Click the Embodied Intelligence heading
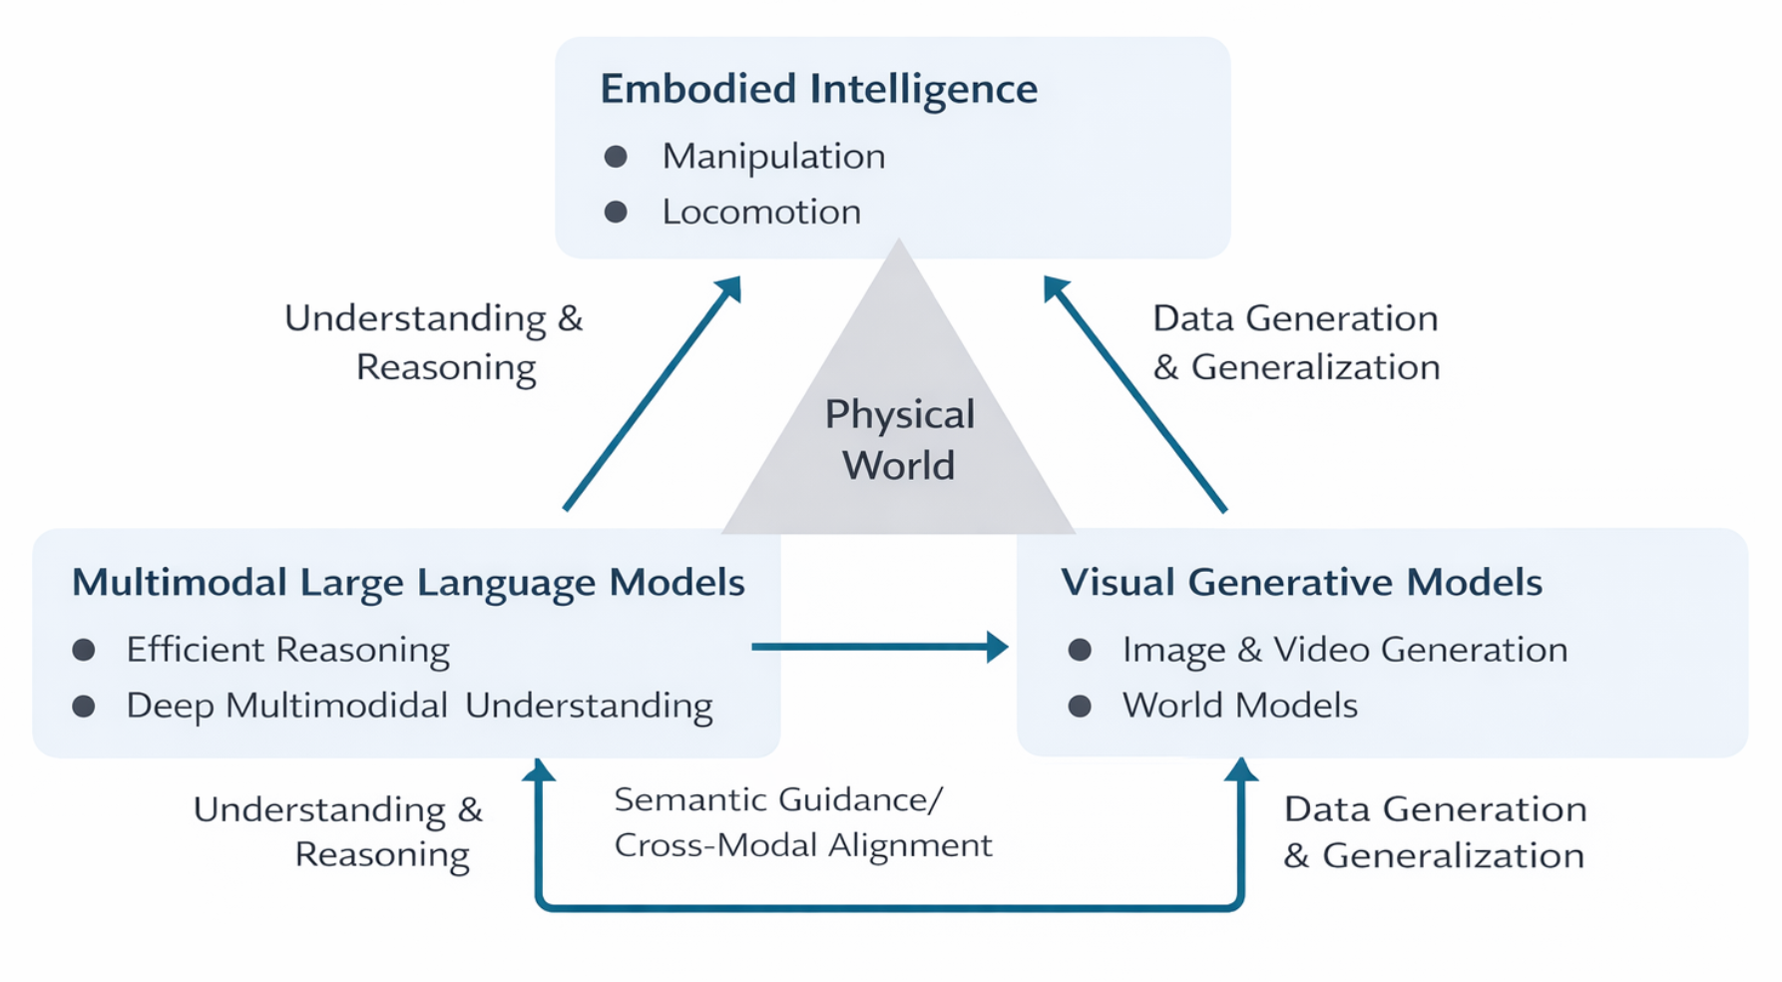(x=818, y=89)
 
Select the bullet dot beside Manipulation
(x=616, y=157)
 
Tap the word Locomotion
(x=761, y=213)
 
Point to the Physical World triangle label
(x=899, y=440)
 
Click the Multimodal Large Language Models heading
(x=408, y=583)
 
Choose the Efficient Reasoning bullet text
(x=287, y=651)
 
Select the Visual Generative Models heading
(x=1301, y=583)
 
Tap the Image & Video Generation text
(x=1344, y=651)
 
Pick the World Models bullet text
(x=1239, y=707)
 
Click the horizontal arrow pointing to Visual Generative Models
(x=878, y=647)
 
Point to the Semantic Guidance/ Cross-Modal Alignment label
(x=802, y=822)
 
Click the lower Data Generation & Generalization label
(x=1434, y=832)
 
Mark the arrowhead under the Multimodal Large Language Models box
(x=539, y=770)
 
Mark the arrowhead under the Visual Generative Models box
(x=1240, y=769)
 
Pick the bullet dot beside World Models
(x=1080, y=707)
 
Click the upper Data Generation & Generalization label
(x=1295, y=342)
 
